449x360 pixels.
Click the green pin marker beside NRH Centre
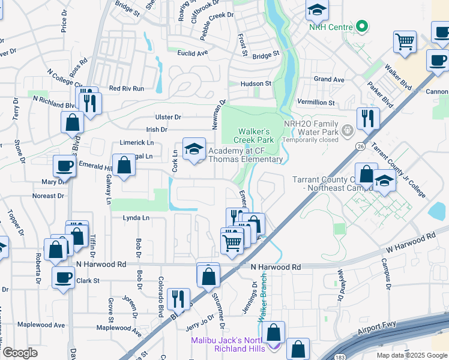361,26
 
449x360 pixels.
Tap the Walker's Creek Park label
256,136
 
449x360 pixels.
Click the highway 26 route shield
360,146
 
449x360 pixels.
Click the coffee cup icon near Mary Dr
64,166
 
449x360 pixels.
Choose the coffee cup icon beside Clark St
64,277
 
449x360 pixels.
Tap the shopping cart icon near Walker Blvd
405,41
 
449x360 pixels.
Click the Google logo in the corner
20,353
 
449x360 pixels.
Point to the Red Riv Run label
126,88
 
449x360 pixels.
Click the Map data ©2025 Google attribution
411,355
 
